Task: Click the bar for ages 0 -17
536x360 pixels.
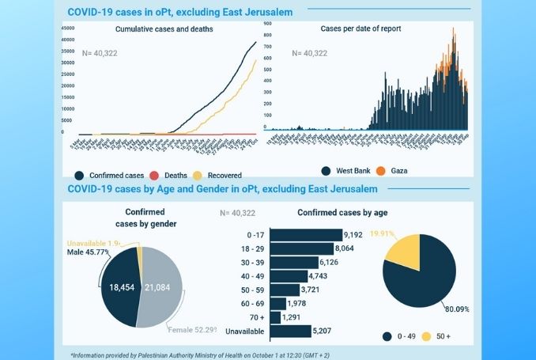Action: click(x=306, y=235)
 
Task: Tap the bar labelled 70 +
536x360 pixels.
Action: click(x=275, y=316)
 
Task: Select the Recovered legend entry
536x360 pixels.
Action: click(x=219, y=174)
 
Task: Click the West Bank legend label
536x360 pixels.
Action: click(x=349, y=169)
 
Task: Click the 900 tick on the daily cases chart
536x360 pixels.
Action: click(x=269, y=24)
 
